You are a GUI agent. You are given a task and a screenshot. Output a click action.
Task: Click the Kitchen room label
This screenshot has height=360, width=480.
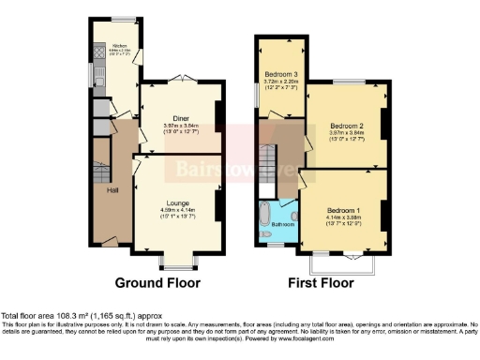pos(120,45)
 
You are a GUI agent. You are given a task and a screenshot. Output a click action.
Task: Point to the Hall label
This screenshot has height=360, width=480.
pos(113,190)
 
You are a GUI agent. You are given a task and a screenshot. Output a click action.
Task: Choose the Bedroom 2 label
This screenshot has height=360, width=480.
pos(345,123)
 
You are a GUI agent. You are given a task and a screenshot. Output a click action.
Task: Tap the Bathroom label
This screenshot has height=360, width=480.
pos(281,224)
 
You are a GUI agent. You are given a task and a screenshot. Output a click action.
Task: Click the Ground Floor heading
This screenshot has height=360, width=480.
pos(155,282)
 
